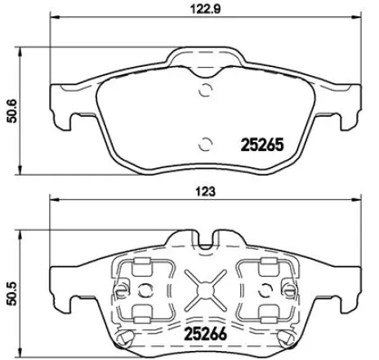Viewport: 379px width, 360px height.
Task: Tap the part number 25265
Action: (260, 146)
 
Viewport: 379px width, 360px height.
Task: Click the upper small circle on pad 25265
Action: (206, 91)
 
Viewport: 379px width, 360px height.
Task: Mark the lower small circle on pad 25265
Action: (206, 145)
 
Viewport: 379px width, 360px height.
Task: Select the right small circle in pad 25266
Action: (264, 289)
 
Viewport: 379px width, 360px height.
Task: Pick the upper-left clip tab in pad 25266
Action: (140, 264)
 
